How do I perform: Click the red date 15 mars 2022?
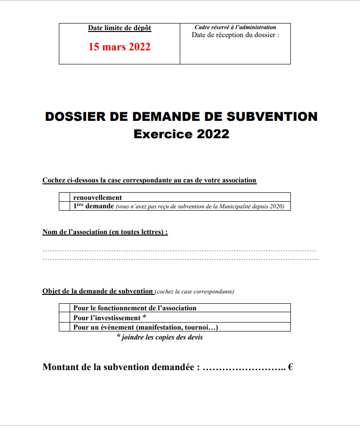pos(120,47)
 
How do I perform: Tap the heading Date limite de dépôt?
pos(120,28)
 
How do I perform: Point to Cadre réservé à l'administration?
pos(235,27)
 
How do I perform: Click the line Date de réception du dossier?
pos(235,35)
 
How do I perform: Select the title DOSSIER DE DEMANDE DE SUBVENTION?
pos(181,117)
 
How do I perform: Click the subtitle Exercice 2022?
pos(181,134)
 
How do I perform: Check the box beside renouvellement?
pos(64,197)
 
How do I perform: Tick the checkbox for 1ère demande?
pos(64,206)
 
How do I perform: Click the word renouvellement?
pos(97,197)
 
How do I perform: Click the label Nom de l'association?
pos(105,232)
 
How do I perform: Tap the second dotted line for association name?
pos(179,259)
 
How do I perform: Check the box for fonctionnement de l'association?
pos(64,308)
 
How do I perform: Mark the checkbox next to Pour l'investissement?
pos(64,318)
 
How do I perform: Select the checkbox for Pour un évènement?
pos(64,327)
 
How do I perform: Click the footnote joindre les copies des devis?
pos(160,337)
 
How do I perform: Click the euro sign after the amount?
pos(290,367)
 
